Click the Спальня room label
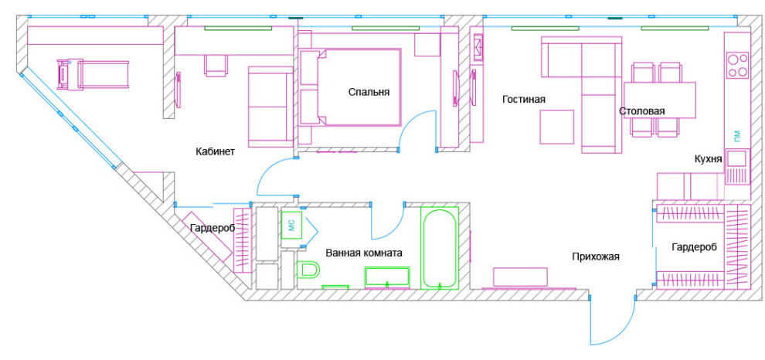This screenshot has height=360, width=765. (369, 92)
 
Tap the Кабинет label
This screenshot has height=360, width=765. (215, 151)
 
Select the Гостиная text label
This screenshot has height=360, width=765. (523, 100)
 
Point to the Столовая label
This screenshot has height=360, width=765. (642, 111)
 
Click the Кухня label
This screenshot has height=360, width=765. (709, 159)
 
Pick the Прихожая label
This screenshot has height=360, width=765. (596, 256)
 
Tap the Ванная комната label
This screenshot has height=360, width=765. (364, 253)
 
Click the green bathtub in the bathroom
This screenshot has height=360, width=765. (440, 248)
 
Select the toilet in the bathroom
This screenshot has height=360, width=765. (308, 270)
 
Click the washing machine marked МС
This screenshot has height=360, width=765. (293, 225)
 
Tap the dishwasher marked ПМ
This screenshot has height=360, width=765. (736, 134)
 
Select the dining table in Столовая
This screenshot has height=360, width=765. (660, 100)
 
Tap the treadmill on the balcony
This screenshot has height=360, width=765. (93, 75)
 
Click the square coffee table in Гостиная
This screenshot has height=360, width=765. (556, 127)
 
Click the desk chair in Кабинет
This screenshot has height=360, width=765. (216, 66)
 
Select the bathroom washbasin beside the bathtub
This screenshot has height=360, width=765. (387, 277)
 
